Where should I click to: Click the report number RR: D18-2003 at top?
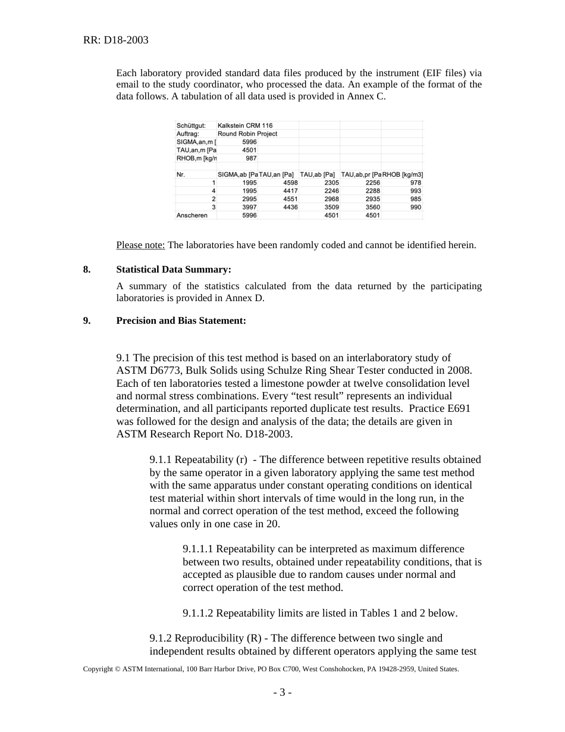click(x=115, y=40)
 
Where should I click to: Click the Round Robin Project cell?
click(x=247, y=134)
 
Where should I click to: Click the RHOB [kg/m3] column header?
click(x=403, y=174)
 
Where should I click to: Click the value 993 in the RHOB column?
click(x=415, y=190)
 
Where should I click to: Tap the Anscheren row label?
click(x=192, y=215)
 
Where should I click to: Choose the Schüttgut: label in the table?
click(x=191, y=126)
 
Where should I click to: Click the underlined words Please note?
click(x=140, y=245)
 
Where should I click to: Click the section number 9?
click(x=86, y=321)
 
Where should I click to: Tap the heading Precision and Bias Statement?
click(x=181, y=321)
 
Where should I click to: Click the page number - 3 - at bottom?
click(x=282, y=692)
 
